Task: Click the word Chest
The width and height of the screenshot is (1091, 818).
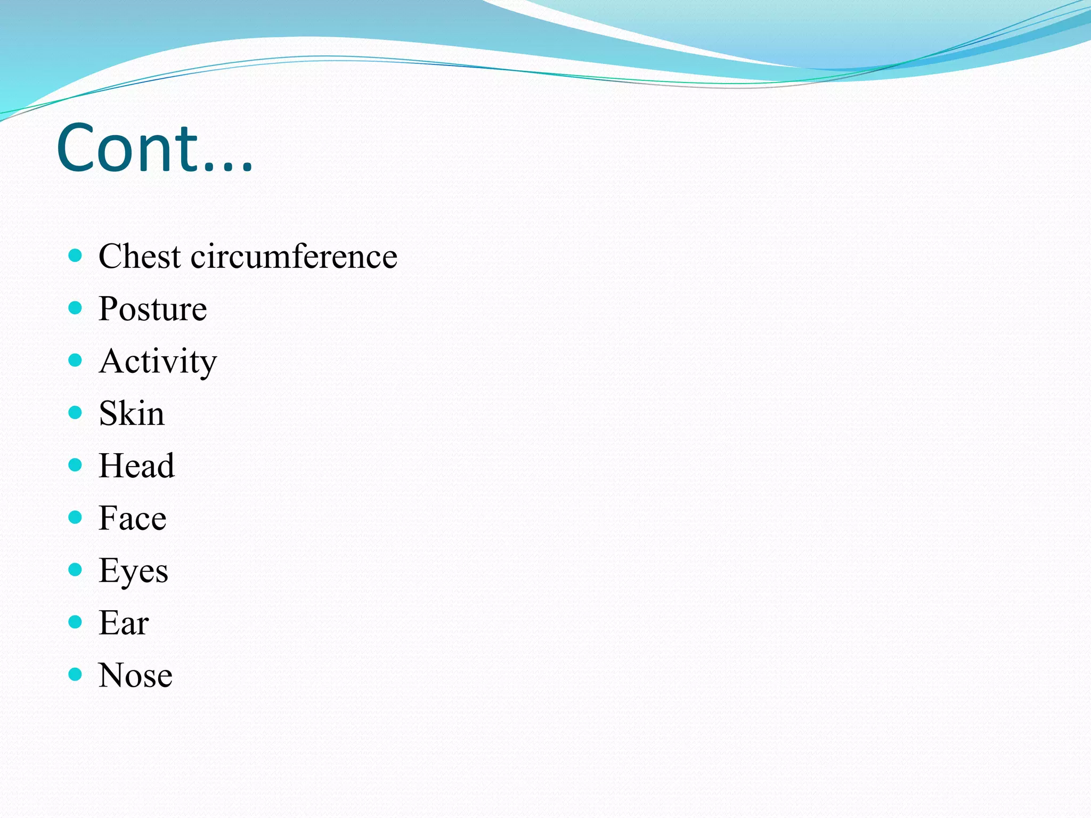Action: (x=140, y=256)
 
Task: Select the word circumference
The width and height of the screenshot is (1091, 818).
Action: (x=294, y=256)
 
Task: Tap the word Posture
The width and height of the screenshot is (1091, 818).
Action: (x=153, y=309)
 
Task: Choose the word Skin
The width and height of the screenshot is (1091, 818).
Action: (x=132, y=413)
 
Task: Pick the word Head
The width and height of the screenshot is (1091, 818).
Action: (x=136, y=465)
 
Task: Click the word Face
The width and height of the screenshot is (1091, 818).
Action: (x=133, y=518)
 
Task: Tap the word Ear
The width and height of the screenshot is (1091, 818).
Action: (x=124, y=623)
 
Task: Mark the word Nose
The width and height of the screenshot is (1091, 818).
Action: (x=135, y=675)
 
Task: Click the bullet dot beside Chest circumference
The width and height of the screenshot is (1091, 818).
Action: (x=75, y=255)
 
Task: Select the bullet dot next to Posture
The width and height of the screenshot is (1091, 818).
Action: (x=75, y=308)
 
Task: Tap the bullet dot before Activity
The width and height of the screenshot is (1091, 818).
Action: (x=75, y=361)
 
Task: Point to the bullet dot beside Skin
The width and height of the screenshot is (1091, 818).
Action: (x=75, y=412)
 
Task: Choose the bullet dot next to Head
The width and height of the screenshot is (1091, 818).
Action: (x=75, y=465)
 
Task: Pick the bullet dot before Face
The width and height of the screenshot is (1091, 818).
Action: (x=75, y=517)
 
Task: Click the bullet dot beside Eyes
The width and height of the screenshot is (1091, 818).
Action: (x=75, y=570)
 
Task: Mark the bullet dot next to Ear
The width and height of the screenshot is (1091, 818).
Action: (x=75, y=621)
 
